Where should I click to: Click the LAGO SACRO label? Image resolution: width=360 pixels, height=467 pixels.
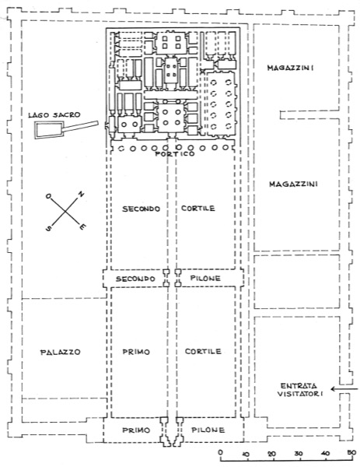coord(54,115)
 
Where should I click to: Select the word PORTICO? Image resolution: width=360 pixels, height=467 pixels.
coord(175,154)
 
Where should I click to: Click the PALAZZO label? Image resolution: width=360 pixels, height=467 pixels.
coord(61,352)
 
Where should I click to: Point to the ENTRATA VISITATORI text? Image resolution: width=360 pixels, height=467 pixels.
coord(300,390)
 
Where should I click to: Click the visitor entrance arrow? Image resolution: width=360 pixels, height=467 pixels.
coord(344,389)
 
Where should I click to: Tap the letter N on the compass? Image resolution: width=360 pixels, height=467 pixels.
coord(81,195)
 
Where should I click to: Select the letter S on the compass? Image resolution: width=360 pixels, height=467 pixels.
coord(48,228)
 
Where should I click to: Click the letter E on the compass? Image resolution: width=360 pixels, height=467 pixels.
coord(83,227)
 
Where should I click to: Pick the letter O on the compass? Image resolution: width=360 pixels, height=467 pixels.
coord(48,196)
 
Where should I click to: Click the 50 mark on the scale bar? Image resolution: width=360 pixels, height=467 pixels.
coord(351,453)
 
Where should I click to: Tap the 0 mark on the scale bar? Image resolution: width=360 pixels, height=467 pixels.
coord(221,452)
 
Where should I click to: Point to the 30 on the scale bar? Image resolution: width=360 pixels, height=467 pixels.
coord(299,453)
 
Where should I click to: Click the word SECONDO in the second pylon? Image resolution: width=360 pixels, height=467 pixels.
coord(135,279)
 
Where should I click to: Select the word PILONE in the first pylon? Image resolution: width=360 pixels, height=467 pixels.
coord(208,430)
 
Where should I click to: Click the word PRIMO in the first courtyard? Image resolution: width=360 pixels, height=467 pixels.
coord(136,352)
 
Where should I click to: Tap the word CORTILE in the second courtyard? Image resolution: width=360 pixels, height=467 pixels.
coord(198,208)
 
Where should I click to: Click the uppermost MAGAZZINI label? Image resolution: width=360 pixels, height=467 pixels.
coord(290,68)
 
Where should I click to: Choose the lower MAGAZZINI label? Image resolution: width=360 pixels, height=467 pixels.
coord(293,184)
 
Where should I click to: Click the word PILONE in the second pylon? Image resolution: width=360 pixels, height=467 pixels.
coord(205,279)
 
